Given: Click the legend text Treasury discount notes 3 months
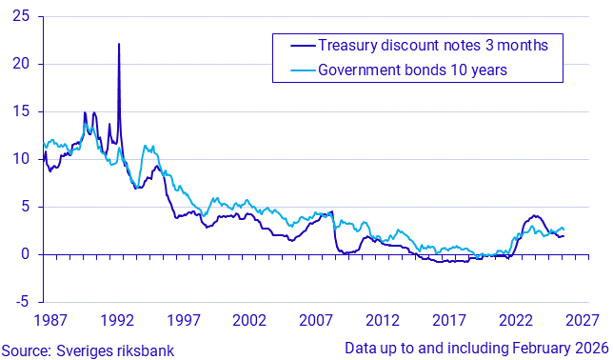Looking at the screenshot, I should [433, 45].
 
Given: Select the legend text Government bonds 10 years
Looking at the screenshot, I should [411, 70].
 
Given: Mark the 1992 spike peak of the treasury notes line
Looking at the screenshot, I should [119, 44].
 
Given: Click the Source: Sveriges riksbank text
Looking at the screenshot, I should [88, 350].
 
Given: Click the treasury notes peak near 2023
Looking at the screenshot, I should [535, 215].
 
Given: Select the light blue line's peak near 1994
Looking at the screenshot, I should [146, 146].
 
